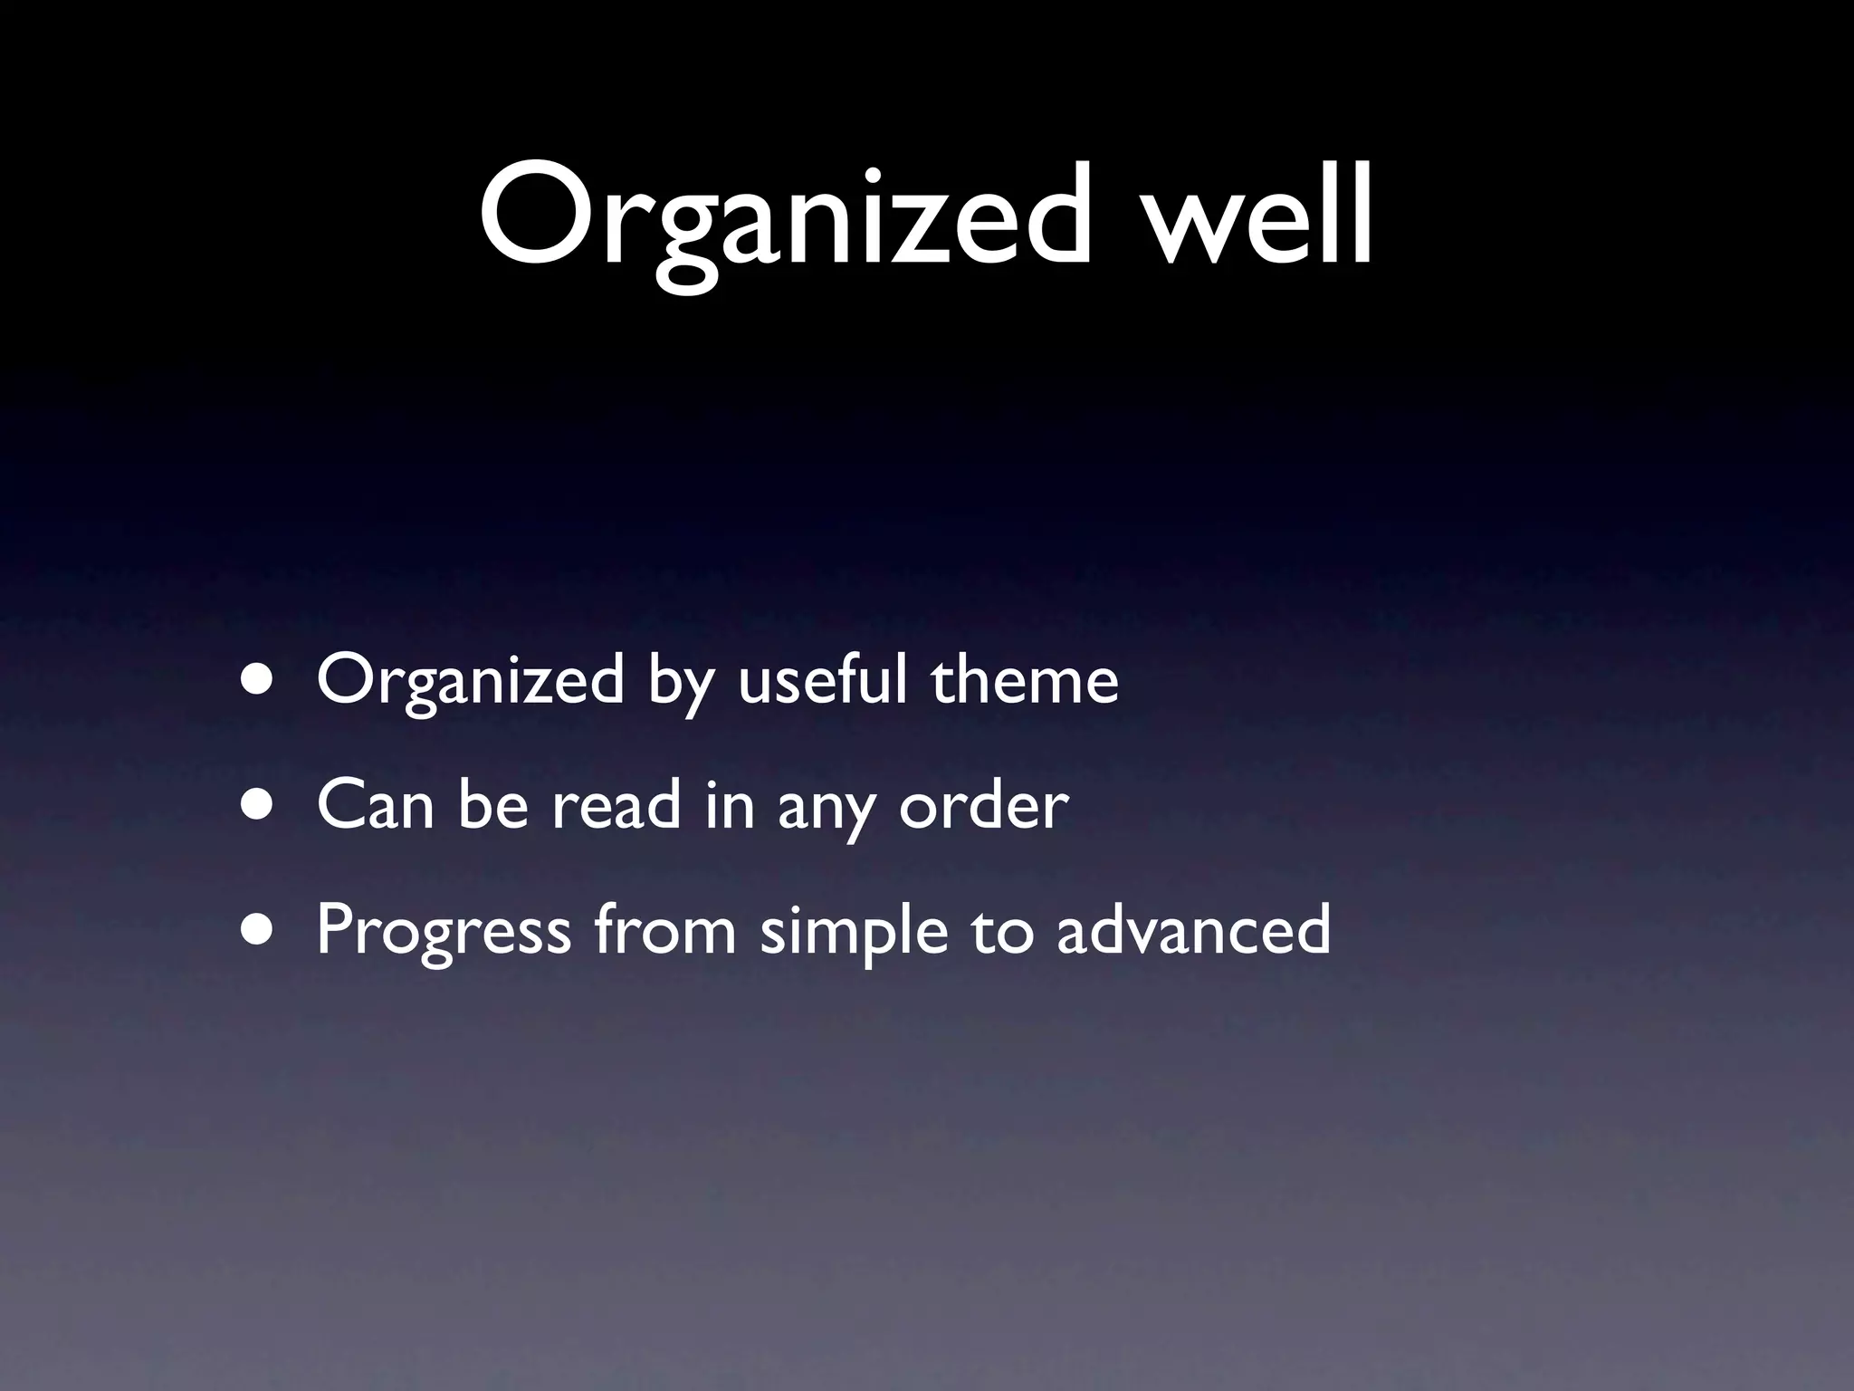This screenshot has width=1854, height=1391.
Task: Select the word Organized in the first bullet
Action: pos(470,681)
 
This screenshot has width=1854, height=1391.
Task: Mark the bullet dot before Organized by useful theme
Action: pos(261,681)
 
